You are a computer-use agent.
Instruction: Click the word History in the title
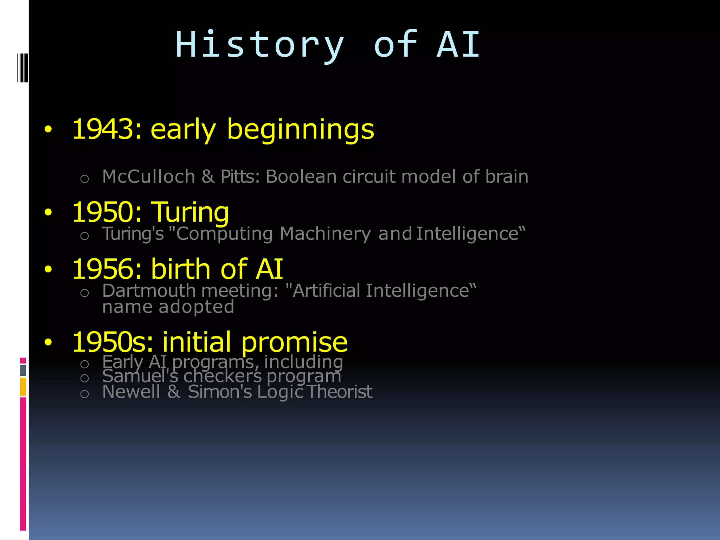(x=259, y=45)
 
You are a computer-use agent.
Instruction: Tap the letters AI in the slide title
(x=458, y=44)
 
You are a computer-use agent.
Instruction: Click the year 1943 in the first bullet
(x=103, y=129)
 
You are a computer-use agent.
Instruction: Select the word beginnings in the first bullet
(x=301, y=130)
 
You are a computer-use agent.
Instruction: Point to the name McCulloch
(x=148, y=176)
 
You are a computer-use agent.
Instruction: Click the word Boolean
(x=301, y=176)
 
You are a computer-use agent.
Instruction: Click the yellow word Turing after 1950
(x=190, y=213)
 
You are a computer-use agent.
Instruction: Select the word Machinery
(x=325, y=234)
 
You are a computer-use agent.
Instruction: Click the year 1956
(x=103, y=269)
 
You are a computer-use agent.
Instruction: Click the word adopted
(x=196, y=307)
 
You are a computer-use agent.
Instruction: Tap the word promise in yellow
(x=294, y=342)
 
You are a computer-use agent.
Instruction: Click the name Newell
(x=131, y=392)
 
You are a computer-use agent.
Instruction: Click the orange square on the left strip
(x=23, y=387)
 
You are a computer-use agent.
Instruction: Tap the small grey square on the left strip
(x=23, y=370)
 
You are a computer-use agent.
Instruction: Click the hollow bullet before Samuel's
(x=84, y=378)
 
